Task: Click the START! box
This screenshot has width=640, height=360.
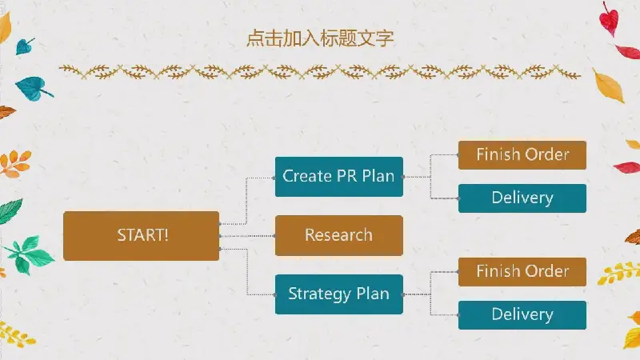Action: (x=142, y=236)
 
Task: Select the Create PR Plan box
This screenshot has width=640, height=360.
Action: (x=338, y=177)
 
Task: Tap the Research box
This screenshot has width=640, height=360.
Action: (x=338, y=235)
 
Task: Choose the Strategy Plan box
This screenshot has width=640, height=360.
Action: (x=338, y=294)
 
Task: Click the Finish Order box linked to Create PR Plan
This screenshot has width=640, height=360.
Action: (x=522, y=155)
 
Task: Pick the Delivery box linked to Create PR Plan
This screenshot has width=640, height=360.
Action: (x=522, y=198)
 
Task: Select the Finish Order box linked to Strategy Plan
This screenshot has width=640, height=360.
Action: (x=522, y=272)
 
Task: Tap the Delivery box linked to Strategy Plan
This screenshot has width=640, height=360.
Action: (x=522, y=315)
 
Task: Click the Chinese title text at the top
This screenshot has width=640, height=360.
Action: (x=320, y=38)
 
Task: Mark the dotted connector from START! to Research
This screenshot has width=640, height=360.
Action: (x=247, y=236)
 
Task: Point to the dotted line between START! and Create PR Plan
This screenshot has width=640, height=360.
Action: (x=246, y=201)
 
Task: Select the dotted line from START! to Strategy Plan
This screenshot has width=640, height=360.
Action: (x=247, y=271)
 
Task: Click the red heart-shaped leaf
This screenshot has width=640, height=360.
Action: (x=609, y=19)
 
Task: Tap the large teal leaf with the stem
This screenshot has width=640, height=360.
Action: (x=33, y=88)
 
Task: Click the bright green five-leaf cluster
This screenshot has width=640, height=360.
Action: (x=29, y=254)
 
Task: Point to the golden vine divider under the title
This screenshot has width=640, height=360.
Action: (x=320, y=72)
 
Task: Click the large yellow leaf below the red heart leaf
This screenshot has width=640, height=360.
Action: (x=610, y=86)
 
